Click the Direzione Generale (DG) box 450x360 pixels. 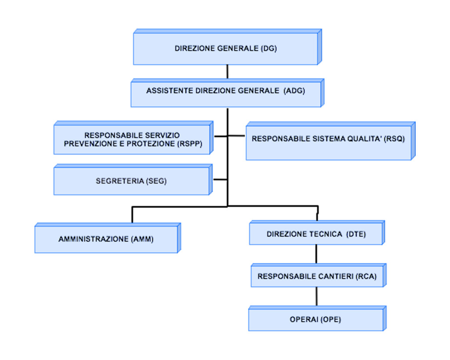(226, 49)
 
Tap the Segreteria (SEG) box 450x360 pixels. (131, 181)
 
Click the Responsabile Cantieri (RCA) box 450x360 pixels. (317, 276)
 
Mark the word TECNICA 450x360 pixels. (326, 234)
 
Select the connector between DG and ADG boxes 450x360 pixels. (227, 72)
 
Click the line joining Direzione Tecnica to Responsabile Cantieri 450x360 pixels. (316, 254)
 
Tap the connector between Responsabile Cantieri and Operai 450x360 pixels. (316, 297)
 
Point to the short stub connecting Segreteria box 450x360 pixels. (220, 179)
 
